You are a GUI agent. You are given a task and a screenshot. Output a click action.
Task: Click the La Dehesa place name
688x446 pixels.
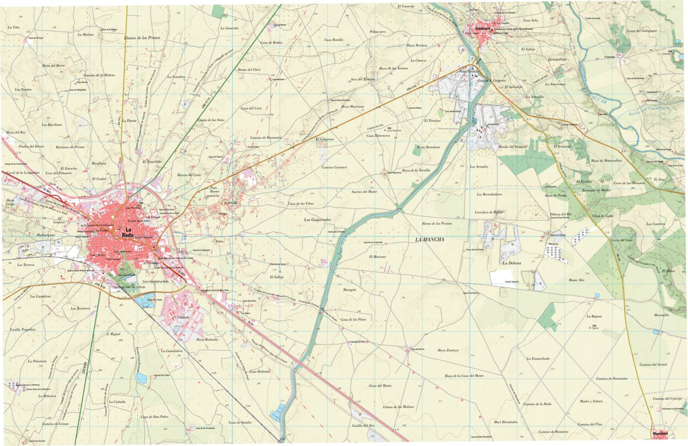(x=511, y=264)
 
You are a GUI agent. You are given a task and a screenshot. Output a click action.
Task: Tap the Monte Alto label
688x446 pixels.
(x=576, y=280)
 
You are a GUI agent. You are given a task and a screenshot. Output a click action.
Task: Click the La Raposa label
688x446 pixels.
(x=594, y=316)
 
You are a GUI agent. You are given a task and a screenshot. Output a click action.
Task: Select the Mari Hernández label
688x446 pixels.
(x=505, y=421)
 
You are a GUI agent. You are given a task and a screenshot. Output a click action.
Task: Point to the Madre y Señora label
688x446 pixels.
(x=591, y=401)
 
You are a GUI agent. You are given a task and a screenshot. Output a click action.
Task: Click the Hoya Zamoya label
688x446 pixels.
(x=449, y=350)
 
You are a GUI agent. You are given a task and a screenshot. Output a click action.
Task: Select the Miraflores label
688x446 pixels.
(x=99, y=163)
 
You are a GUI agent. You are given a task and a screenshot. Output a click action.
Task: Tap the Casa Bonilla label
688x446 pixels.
(x=334, y=40)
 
